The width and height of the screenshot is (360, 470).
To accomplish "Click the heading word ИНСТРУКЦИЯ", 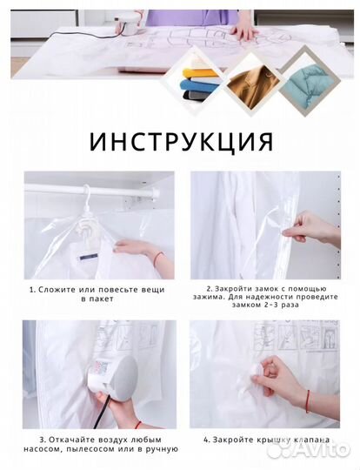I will [180, 139].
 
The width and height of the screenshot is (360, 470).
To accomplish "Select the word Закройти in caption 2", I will [235, 288].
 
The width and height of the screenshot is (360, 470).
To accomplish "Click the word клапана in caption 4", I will [312, 440].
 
